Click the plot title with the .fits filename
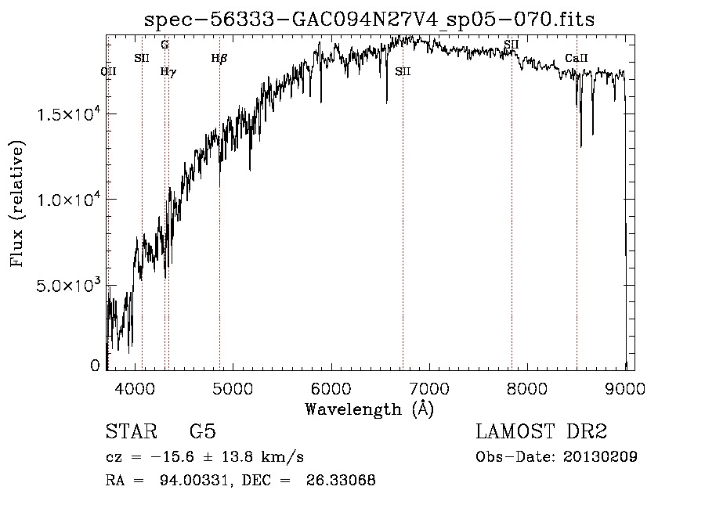click(x=370, y=20)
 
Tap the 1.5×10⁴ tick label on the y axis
click(x=69, y=114)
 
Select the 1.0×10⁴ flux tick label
click(x=69, y=200)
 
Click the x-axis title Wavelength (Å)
click(x=369, y=409)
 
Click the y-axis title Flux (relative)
click(x=17, y=204)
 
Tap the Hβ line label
click(x=219, y=58)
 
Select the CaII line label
click(x=576, y=59)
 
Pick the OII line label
click(x=109, y=71)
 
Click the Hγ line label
click(x=168, y=71)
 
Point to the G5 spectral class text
click(x=202, y=433)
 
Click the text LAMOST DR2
click(x=541, y=433)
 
